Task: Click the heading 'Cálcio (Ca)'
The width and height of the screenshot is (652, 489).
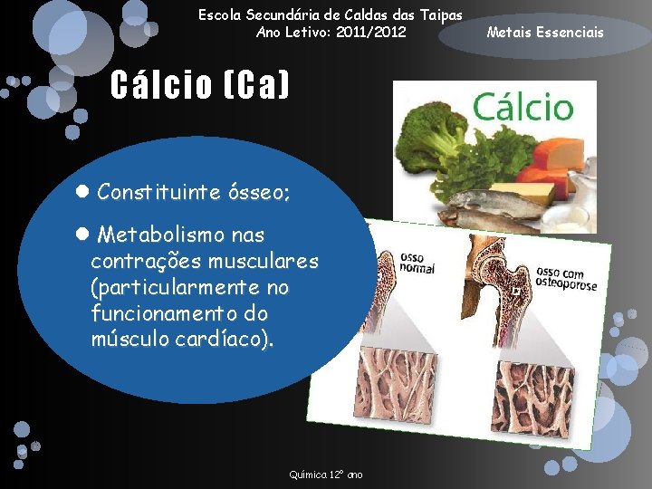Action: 200,86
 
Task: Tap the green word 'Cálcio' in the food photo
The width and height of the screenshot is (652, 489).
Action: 523,107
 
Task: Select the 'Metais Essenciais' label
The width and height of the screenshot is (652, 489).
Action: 544,34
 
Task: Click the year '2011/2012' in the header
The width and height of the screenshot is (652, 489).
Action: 369,33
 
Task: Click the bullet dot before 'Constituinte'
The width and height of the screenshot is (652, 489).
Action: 81,192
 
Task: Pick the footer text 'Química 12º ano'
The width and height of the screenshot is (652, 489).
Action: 326,475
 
